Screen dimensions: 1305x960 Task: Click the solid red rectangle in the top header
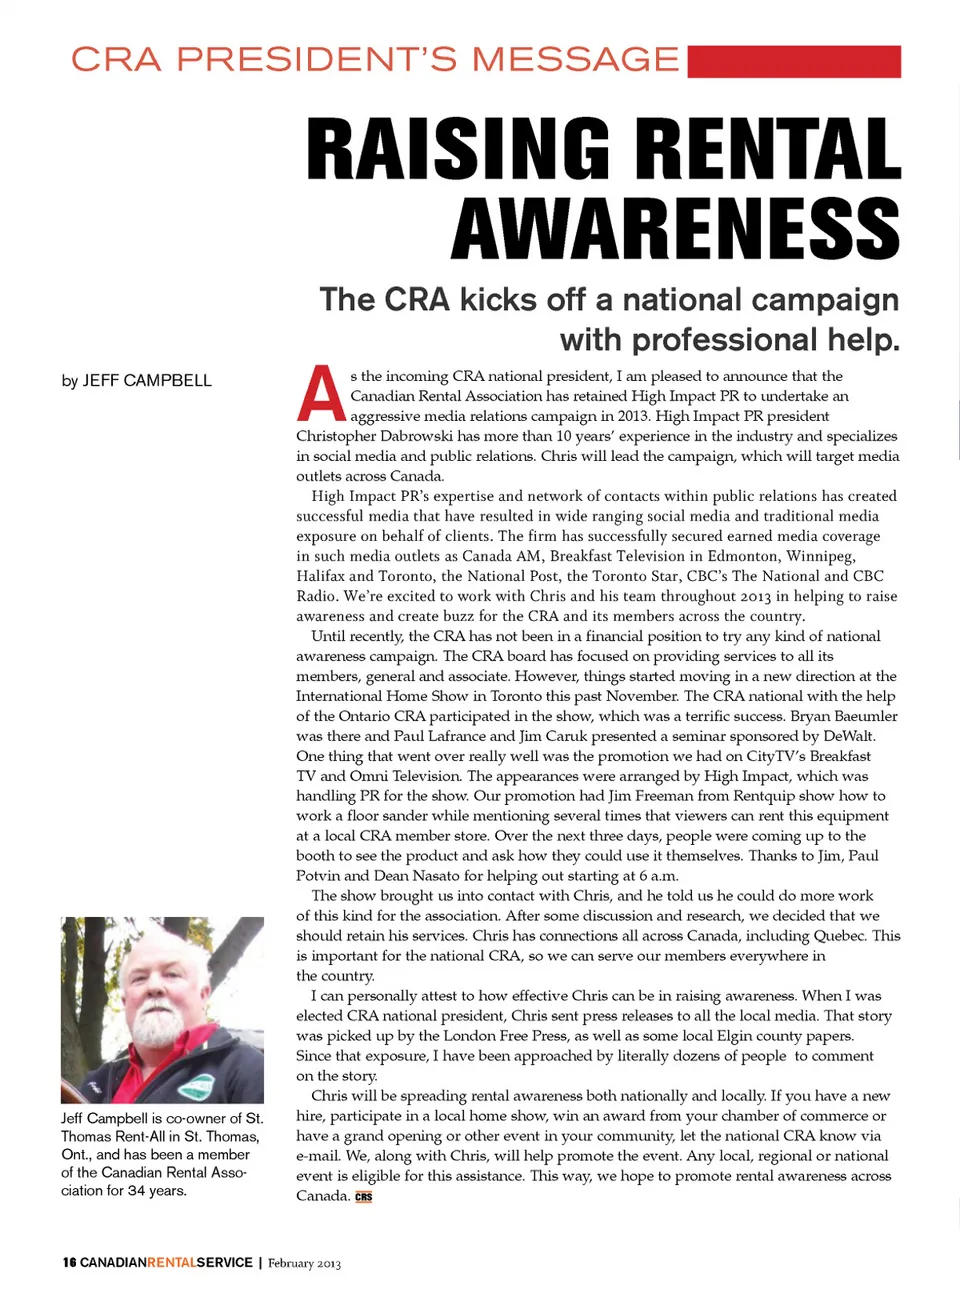pyautogui.click(x=795, y=61)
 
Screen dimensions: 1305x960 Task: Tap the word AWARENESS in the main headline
pyautogui.click(x=676, y=229)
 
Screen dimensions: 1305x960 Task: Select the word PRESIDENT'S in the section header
pyautogui.click(x=317, y=60)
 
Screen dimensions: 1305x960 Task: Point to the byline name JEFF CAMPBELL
pyautogui.click(x=147, y=380)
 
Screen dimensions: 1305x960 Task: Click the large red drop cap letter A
pyautogui.click(x=321, y=395)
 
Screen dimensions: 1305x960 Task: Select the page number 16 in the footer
pyautogui.click(x=69, y=1263)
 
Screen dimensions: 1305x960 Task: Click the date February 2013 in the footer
pyautogui.click(x=304, y=1264)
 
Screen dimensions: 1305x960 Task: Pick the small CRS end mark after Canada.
pyautogui.click(x=363, y=1197)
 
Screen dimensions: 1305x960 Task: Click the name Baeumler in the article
pyautogui.click(x=865, y=716)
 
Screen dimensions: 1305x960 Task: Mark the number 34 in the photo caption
pyautogui.click(x=137, y=1191)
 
